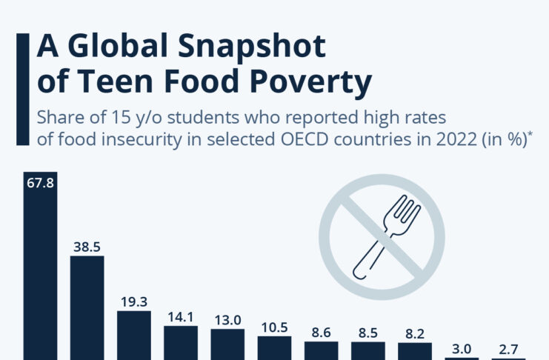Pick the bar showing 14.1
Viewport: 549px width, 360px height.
(x=181, y=342)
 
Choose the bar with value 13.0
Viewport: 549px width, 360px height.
(x=227, y=344)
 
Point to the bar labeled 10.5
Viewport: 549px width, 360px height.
(x=274, y=348)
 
